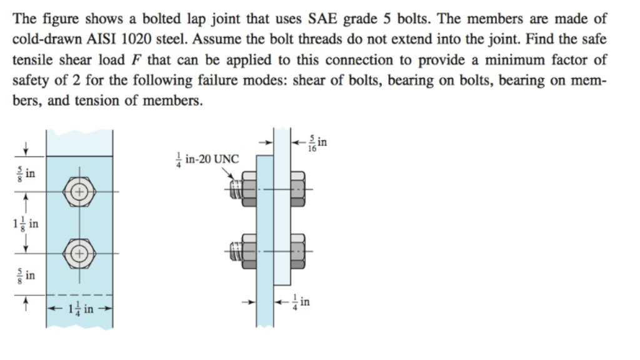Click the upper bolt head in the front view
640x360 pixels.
point(79,191)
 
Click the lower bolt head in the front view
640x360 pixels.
point(79,253)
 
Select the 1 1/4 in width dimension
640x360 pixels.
point(79,308)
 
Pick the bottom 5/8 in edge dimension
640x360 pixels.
point(24,274)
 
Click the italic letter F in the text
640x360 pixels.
point(133,60)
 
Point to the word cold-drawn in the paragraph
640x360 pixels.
point(46,39)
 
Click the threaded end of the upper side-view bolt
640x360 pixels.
point(236,188)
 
